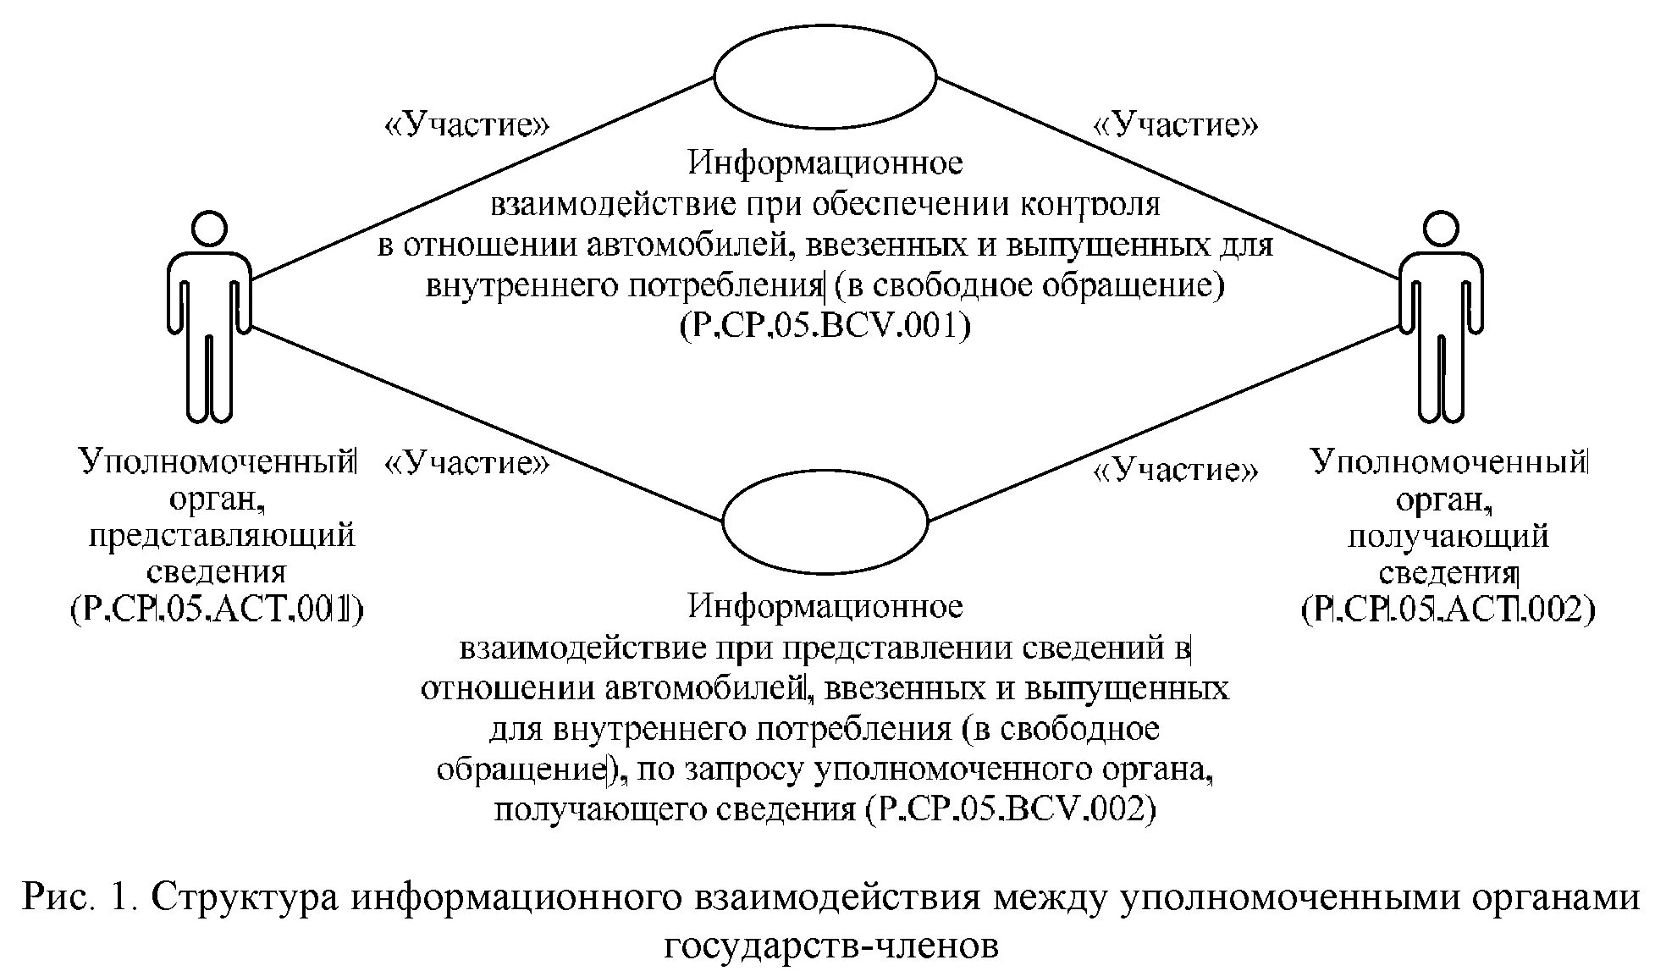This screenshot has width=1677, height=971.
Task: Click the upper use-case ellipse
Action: (825, 77)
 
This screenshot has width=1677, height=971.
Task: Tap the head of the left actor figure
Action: (208, 229)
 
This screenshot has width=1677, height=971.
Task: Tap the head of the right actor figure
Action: (1440, 229)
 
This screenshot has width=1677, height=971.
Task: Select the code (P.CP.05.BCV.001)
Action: (825, 326)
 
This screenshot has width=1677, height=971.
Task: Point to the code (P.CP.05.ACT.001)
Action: (217, 609)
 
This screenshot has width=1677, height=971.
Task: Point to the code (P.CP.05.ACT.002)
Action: (1448, 609)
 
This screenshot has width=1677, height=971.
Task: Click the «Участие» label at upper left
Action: (467, 125)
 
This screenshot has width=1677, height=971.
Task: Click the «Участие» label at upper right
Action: (1177, 125)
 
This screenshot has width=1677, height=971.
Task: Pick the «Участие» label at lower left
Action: (467, 463)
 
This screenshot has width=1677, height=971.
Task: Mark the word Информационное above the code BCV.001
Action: (825, 162)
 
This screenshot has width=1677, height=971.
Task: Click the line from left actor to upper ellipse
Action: (483, 178)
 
